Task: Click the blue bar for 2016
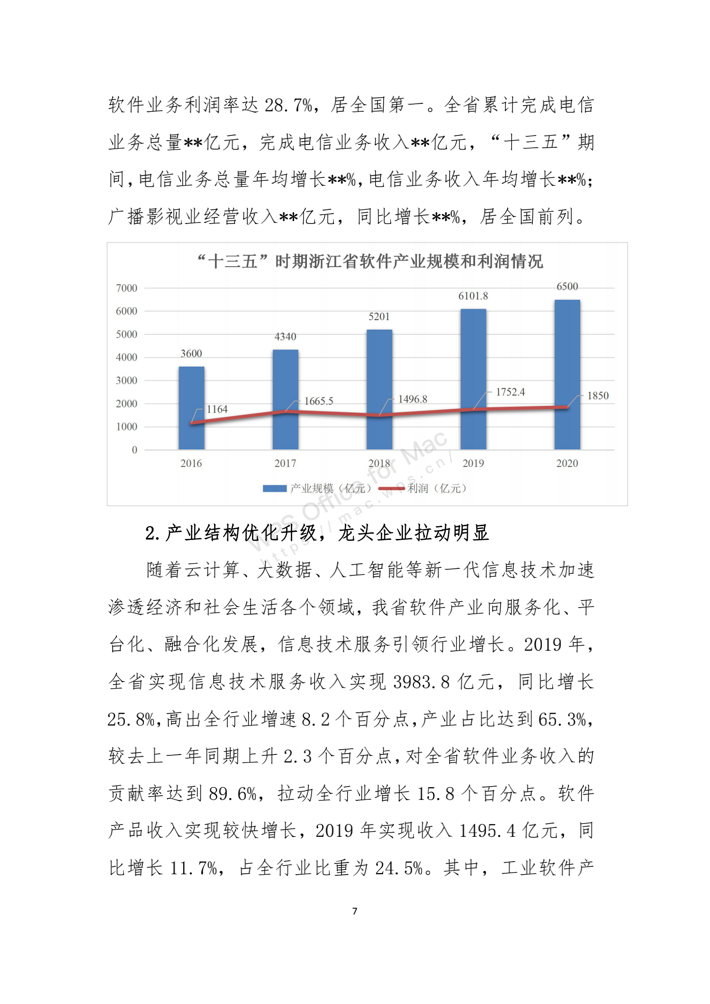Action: pos(191,408)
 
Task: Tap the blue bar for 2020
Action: pos(567,374)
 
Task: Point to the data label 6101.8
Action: pos(473,296)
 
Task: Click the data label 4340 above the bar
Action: pos(285,337)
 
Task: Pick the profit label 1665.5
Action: pos(318,401)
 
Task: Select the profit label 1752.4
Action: pos(510,392)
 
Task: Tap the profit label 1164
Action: pos(217,409)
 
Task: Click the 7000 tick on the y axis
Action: pos(126,288)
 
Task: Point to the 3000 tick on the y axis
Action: pos(126,380)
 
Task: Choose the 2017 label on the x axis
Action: pos(285,463)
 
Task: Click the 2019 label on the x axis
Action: pos(473,463)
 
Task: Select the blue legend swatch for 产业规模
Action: pos(275,488)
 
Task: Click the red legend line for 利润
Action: pos(391,488)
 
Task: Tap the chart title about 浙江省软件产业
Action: pos(370,261)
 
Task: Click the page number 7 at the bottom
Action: pos(355,911)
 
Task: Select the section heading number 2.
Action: pos(152,533)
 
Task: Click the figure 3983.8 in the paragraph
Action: pos(421,682)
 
